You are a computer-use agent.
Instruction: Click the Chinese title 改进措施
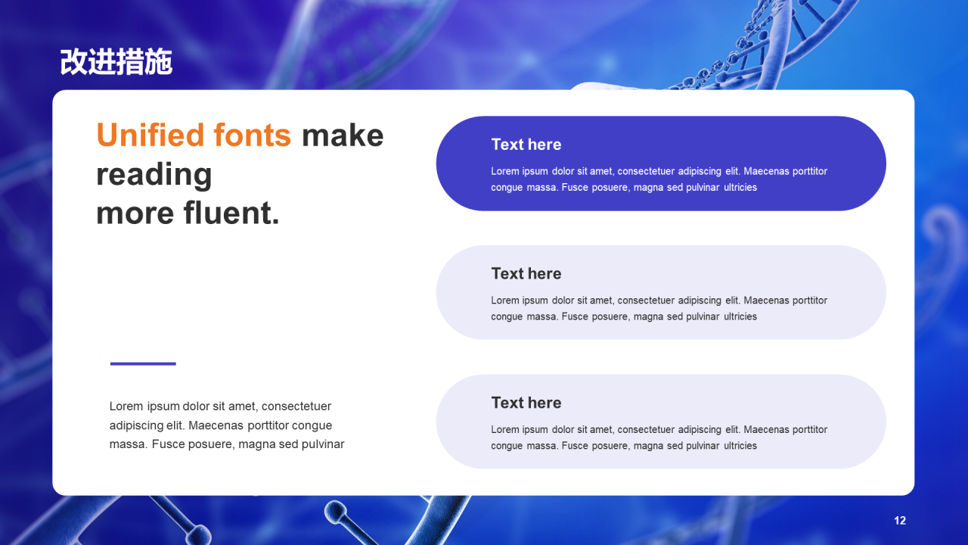(x=116, y=62)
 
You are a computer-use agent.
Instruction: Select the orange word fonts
(x=253, y=135)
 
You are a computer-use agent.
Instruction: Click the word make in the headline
(x=343, y=135)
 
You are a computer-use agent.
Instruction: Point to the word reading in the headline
(x=154, y=176)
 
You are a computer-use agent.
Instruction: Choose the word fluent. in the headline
(x=231, y=213)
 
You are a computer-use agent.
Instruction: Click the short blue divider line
(x=143, y=364)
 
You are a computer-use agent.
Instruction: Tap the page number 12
(x=900, y=520)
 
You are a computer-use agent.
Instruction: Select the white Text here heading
(x=526, y=145)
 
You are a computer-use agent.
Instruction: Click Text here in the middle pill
(x=526, y=274)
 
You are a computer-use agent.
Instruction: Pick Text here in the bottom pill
(x=526, y=403)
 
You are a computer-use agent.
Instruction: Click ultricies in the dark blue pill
(x=740, y=187)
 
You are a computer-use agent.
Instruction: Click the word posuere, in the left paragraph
(x=209, y=444)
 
